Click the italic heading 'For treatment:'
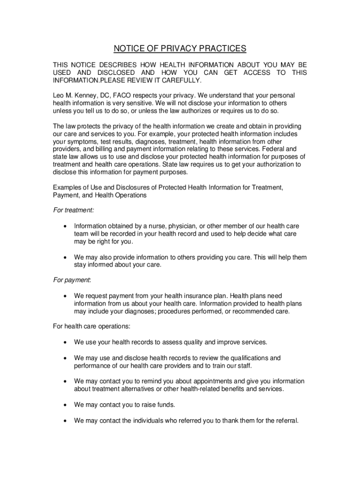pos(73,210)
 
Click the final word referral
pos(285,420)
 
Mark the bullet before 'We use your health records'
pos(64,343)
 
